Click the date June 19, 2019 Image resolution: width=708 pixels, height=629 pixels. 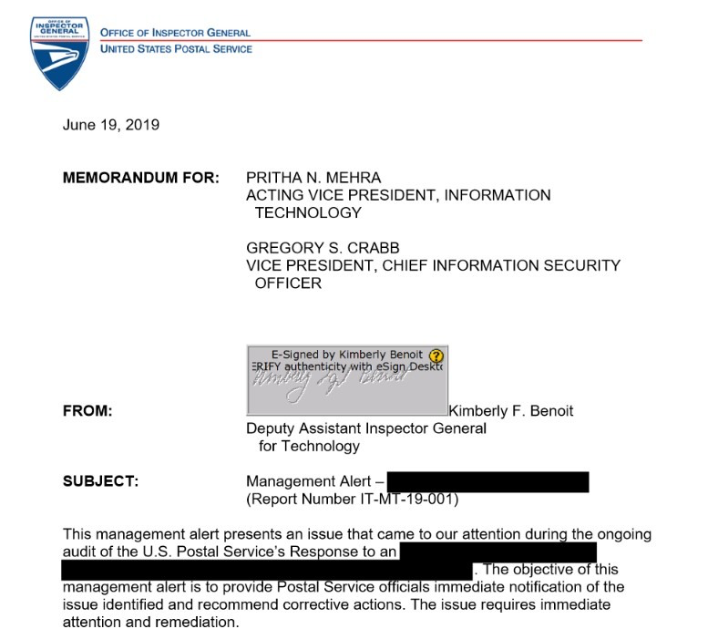111,125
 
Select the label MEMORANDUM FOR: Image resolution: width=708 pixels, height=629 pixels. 140,178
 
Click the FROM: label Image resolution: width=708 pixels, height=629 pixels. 87,411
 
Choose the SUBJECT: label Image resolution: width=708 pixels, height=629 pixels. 100,481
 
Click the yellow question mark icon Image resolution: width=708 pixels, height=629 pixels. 436,356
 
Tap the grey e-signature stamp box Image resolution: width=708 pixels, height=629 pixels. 346,376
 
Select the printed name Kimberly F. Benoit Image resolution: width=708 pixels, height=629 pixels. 510,411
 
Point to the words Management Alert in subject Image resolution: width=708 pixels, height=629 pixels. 309,481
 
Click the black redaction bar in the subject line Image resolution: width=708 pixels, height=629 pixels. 487,481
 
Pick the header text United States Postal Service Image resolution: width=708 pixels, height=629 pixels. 176,48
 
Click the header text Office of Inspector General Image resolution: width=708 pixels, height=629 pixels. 175,33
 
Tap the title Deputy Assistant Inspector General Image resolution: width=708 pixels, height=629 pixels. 366,428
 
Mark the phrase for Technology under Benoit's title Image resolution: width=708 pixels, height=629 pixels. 309,447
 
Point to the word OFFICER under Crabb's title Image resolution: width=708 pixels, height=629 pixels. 288,284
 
